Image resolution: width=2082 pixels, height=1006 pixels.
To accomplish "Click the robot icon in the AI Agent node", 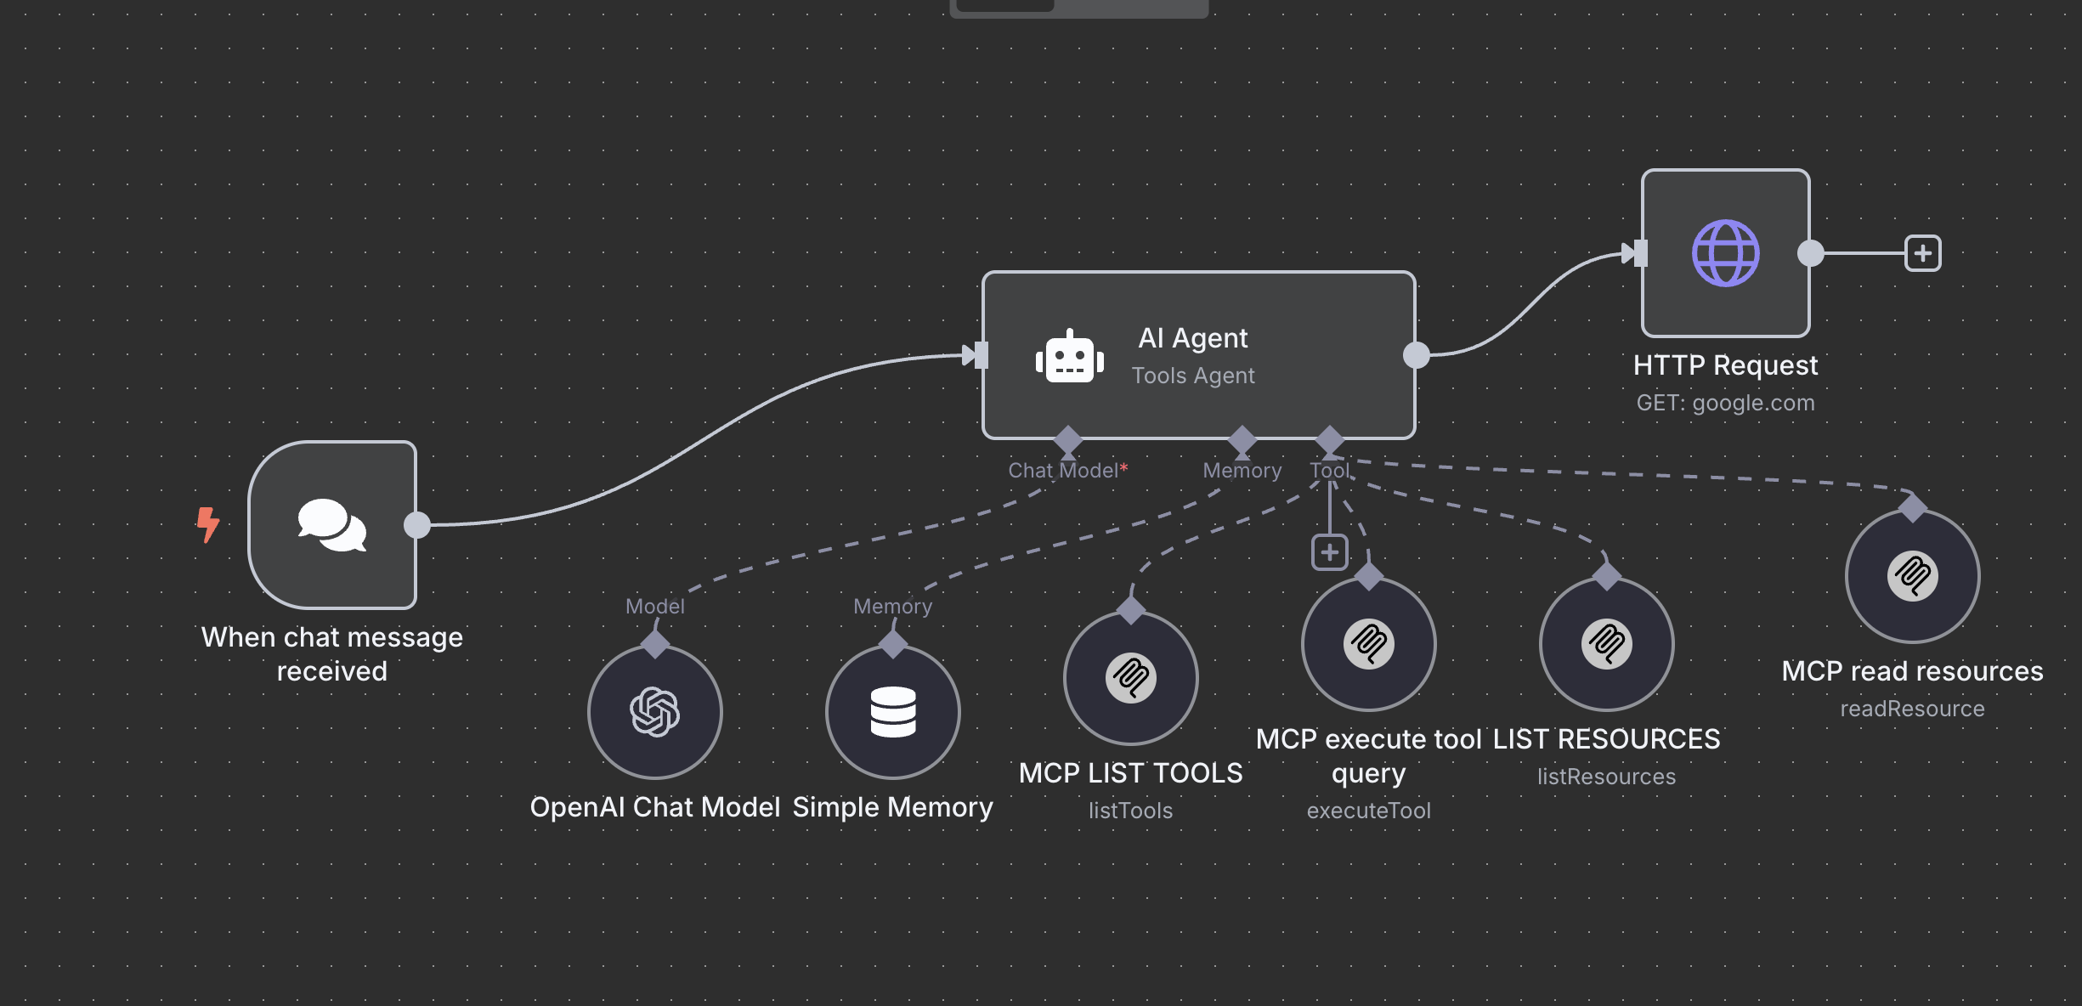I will pos(1069,358).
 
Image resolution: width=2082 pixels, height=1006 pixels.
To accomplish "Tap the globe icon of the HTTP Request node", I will pos(1725,253).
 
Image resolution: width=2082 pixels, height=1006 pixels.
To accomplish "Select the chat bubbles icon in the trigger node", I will pos(332,525).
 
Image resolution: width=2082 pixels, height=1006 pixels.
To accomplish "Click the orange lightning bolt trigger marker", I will pos(207,524).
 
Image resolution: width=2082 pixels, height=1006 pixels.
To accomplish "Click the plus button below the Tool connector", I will pos(1330,552).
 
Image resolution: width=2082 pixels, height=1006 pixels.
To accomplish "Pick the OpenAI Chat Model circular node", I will pos(654,712).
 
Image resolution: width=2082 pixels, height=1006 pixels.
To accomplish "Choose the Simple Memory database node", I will pos(892,712).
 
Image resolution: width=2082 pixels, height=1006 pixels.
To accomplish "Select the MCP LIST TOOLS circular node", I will pos(1130,678).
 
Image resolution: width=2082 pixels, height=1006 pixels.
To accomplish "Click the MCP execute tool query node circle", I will pos(1368,644).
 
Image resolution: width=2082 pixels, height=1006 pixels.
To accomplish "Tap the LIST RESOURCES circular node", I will pos(1606,644).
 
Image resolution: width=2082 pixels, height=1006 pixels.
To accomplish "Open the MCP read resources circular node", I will pos(1912,576).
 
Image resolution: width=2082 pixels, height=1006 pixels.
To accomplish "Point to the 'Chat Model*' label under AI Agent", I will pos(1067,471).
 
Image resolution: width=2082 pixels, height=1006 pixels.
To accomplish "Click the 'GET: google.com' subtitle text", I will pos(1725,403).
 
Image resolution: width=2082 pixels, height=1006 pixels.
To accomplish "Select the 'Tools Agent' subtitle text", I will pos(1193,376).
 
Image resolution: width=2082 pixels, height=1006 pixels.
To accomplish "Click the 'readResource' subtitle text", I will pos(1912,709).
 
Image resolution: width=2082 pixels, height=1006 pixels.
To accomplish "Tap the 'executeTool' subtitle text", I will pos(1368,811).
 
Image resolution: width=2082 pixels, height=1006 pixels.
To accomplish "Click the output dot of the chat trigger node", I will pos(417,525).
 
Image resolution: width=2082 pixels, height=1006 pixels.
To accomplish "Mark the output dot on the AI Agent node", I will pos(1416,355).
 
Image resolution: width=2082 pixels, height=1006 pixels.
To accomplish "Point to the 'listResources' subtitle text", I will pos(1606,777).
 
